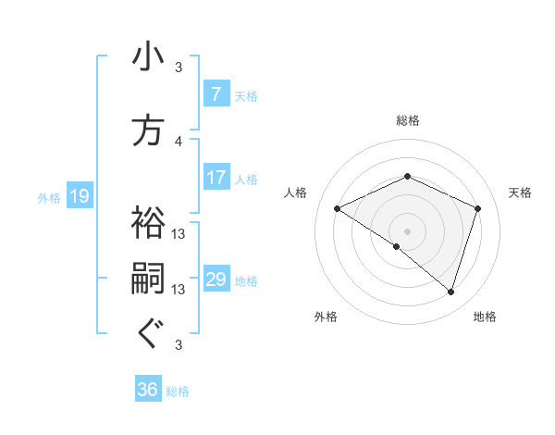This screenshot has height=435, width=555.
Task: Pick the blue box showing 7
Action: pyautogui.click(x=216, y=94)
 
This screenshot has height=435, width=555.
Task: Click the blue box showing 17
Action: pyautogui.click(x=216, y=178)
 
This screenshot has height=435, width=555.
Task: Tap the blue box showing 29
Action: pyautogui.click(x=216, y=280)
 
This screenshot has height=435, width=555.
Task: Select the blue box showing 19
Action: pyautogui.click(x=80, y=196)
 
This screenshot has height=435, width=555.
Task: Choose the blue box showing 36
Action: pyautogui.click(x=148, y=390)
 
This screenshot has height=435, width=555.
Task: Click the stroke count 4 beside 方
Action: pyautogui.click(x=179, y=141)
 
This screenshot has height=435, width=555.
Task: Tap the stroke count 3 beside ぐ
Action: pyautogui.click(x=179, y=345)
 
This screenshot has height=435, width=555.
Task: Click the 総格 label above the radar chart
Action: pyautogui.click(x=407, y=119)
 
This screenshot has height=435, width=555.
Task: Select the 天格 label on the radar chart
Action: pyautogui.click(x=521, y=193)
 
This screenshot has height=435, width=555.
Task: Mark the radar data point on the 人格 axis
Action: pyautogui.click(x=337, y=208)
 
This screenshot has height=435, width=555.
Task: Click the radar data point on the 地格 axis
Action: pyautogui.click(x=450, y=292)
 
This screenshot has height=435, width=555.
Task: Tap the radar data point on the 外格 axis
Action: pyautogui.click(x=397, y=246)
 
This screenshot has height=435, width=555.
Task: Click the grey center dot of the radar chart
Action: pyautogui.click(x=407, y=230)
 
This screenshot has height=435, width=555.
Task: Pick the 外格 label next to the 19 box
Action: pyautogui.click(x=49, y=197)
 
